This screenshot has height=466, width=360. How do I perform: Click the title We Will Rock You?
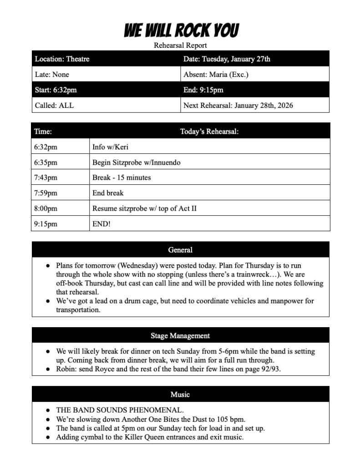point(181,30)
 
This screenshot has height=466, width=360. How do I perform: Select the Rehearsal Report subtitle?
point(180,45)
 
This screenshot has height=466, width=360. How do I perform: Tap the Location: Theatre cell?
point(62,59)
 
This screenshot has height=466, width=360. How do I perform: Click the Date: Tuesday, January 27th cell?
point(227,59)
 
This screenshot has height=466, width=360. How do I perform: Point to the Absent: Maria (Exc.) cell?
point(216,74)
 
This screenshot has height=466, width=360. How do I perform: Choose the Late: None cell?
point(52,74)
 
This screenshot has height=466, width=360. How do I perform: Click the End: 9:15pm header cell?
point(203,90)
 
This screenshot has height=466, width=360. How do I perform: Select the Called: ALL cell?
point(54,105)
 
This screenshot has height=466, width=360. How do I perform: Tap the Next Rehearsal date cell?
point(238,105)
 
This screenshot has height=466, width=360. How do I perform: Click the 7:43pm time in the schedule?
point(46,177)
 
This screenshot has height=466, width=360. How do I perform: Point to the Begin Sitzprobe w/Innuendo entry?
point(136,162)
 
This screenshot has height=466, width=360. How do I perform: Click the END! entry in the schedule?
point(101,224)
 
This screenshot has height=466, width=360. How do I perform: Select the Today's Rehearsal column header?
point(209,132)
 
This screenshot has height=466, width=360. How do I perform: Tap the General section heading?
point(180,250)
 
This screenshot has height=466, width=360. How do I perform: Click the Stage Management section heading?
point(180,336)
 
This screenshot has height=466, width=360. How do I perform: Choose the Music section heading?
point(180,395)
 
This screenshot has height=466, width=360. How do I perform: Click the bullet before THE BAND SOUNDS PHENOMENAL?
point(47,410)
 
